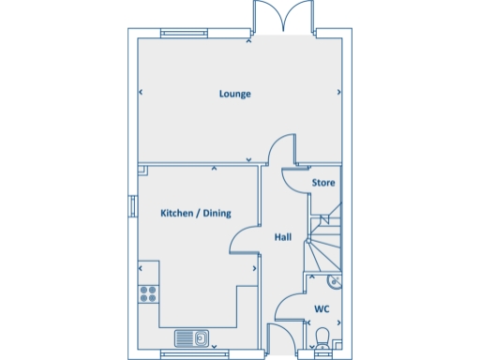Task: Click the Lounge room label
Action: (x=234, y=94)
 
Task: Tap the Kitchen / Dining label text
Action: (x=195, y=214)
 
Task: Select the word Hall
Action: (x=281, y=238)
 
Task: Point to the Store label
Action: (x=322, y=182)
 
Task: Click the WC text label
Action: (x=321, y=308)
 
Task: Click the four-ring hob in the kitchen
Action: (x=148, y=294)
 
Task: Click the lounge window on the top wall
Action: (x=183, y=35)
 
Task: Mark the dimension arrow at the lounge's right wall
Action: (x=338, y=93)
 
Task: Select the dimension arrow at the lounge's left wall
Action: (x=141, y=93)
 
